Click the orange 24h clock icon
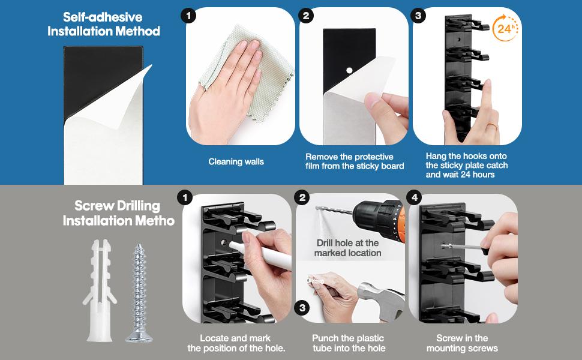coord(505,28)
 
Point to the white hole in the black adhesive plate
coord(349,70)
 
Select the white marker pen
coord(260,254)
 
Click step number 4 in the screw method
coord(415,197)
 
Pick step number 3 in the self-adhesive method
coord(418,16)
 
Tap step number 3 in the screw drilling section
coord(302,308)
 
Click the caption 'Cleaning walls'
coord(236,162)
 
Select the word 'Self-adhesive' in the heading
coord(103,17)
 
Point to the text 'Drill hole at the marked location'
coord(347,248)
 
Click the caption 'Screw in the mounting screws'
coord(462,343)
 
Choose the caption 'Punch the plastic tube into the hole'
coord(349,343)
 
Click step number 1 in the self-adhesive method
coord(189,16)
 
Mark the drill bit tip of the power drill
coord(317,208)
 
